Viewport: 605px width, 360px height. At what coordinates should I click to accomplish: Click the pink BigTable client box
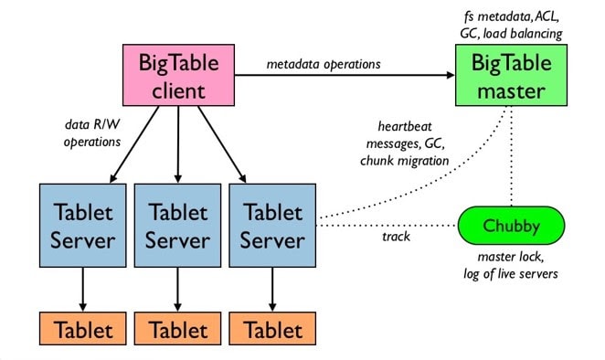tap(179, 76)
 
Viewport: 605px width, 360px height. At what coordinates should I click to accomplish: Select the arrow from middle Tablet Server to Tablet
tap(178, 291)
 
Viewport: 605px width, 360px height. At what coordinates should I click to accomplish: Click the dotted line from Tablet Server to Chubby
tap(384, 223)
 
